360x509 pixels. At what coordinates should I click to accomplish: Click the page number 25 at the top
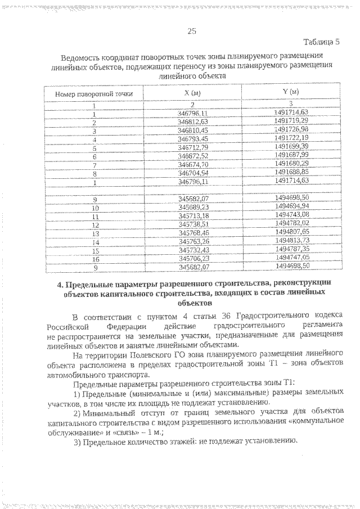(x=191, y=31)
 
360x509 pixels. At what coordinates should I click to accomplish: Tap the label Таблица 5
(x=322, y=42)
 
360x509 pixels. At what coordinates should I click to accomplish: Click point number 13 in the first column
(x=94, y=232)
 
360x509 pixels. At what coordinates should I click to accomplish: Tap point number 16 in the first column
(x=94, y=258)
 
